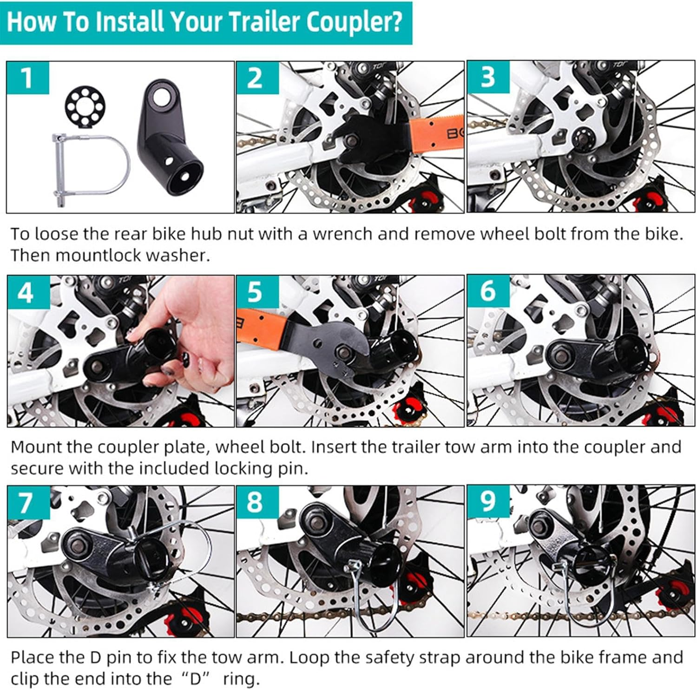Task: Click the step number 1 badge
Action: (27, 77)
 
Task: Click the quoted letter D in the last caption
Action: (195, 679)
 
